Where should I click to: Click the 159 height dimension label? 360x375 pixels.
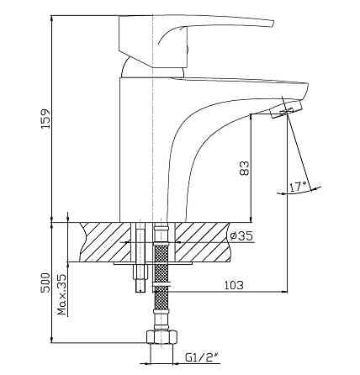tap(45, 118)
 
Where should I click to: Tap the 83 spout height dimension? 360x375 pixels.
tap(244, 168)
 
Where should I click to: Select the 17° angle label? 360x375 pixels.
tap(299, 187)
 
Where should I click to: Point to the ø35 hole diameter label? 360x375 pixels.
tap(241, 236)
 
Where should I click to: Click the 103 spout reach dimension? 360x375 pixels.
tap(234, 285)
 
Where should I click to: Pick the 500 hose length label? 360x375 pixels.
tap(45, 283)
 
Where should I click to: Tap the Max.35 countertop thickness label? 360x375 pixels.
tap(62, 294)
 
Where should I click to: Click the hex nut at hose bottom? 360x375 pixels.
tap(162, 336)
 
